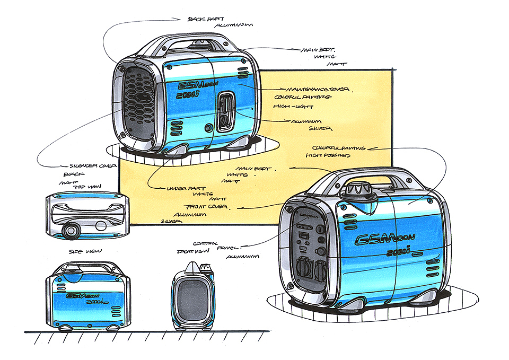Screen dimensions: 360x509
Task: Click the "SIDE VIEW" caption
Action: [x=85, y=250]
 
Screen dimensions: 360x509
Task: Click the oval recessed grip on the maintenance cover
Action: [x=226, y=111]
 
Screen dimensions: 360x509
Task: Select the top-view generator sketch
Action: [x=87, y=215]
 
